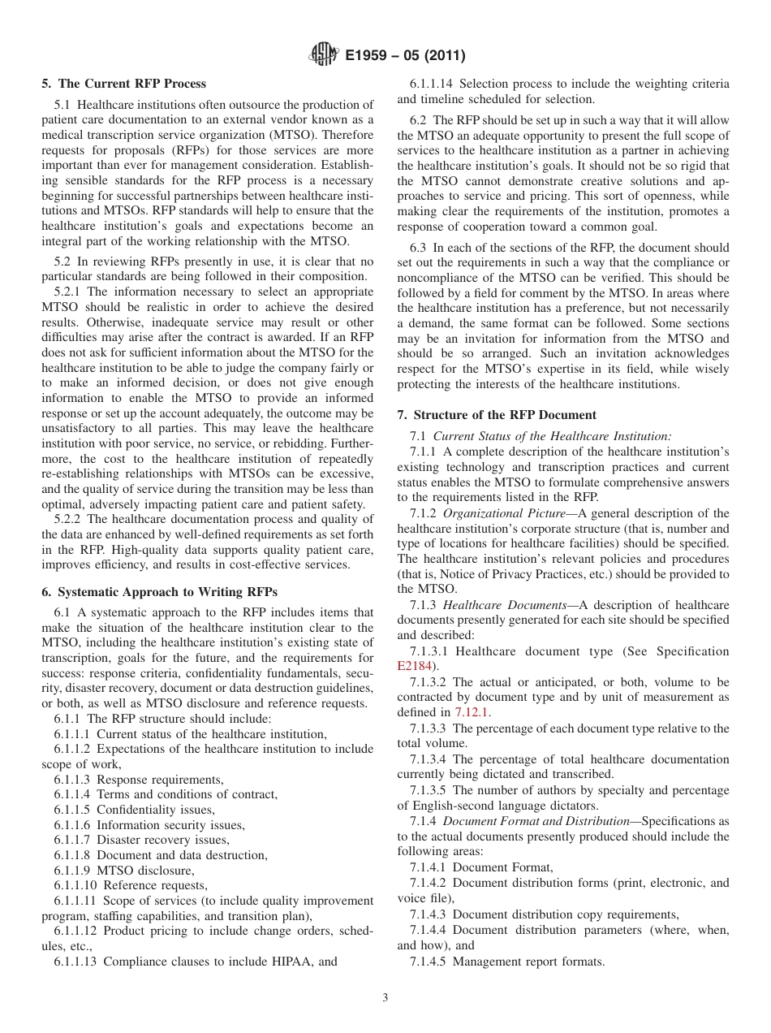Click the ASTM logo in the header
pos(325,56)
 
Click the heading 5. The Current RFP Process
pos(124,84)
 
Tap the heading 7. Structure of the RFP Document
pos(497,415)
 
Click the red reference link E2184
pos(414,667)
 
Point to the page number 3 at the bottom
pos(385,998)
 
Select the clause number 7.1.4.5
pos(428,962)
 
